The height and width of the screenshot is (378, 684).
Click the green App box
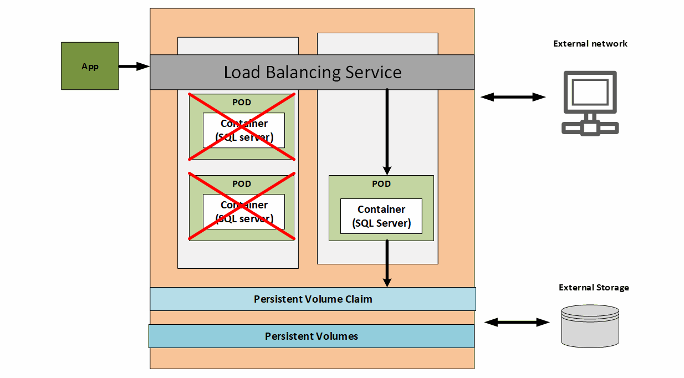[90, 66]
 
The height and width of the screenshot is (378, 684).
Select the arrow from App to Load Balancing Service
[134, 67]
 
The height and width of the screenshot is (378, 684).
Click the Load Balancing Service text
[312, 72]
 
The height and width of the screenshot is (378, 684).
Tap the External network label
[590, 44]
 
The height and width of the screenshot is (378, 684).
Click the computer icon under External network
[590, 103]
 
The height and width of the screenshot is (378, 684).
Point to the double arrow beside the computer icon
[513, 97]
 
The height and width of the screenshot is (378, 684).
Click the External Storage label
[594, 288]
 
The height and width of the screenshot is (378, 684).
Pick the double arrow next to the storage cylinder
[517, 322]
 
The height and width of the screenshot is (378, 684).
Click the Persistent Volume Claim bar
[313, 299]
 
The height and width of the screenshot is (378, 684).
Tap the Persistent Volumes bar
[311, 336]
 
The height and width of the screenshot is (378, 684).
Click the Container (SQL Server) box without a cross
[381, 216]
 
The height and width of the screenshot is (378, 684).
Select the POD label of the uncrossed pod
[381, 183]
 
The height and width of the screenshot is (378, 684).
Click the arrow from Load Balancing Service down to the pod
[387, 131]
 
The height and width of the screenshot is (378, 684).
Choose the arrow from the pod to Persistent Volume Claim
[387, 263]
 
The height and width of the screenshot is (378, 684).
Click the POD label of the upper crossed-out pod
[242, 103]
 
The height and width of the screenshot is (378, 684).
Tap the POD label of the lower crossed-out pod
[242, 183]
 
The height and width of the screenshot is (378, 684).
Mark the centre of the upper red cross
[242, 126]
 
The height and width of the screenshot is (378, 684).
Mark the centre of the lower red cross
[242, 207]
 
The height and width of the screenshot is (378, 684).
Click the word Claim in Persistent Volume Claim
[358, 299]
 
